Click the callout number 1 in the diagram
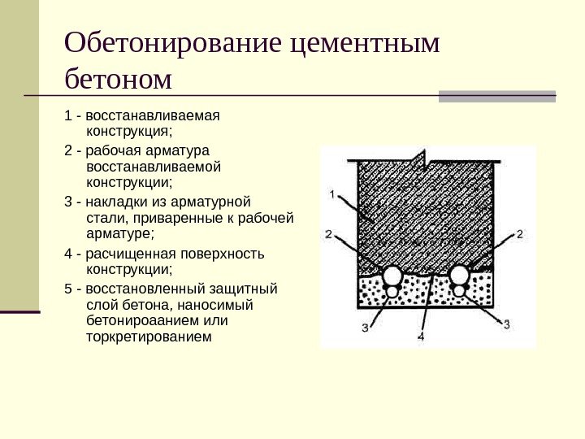333,193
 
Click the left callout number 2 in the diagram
328,234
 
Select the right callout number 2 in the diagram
519,234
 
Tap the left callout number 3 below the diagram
365,327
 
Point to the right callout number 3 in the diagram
507,324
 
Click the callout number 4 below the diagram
421,335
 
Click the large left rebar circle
393,274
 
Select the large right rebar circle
460,274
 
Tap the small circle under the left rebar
393,290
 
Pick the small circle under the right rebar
460,289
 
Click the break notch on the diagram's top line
421,157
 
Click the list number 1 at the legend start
67,115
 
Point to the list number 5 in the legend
67,289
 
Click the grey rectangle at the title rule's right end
497,96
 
